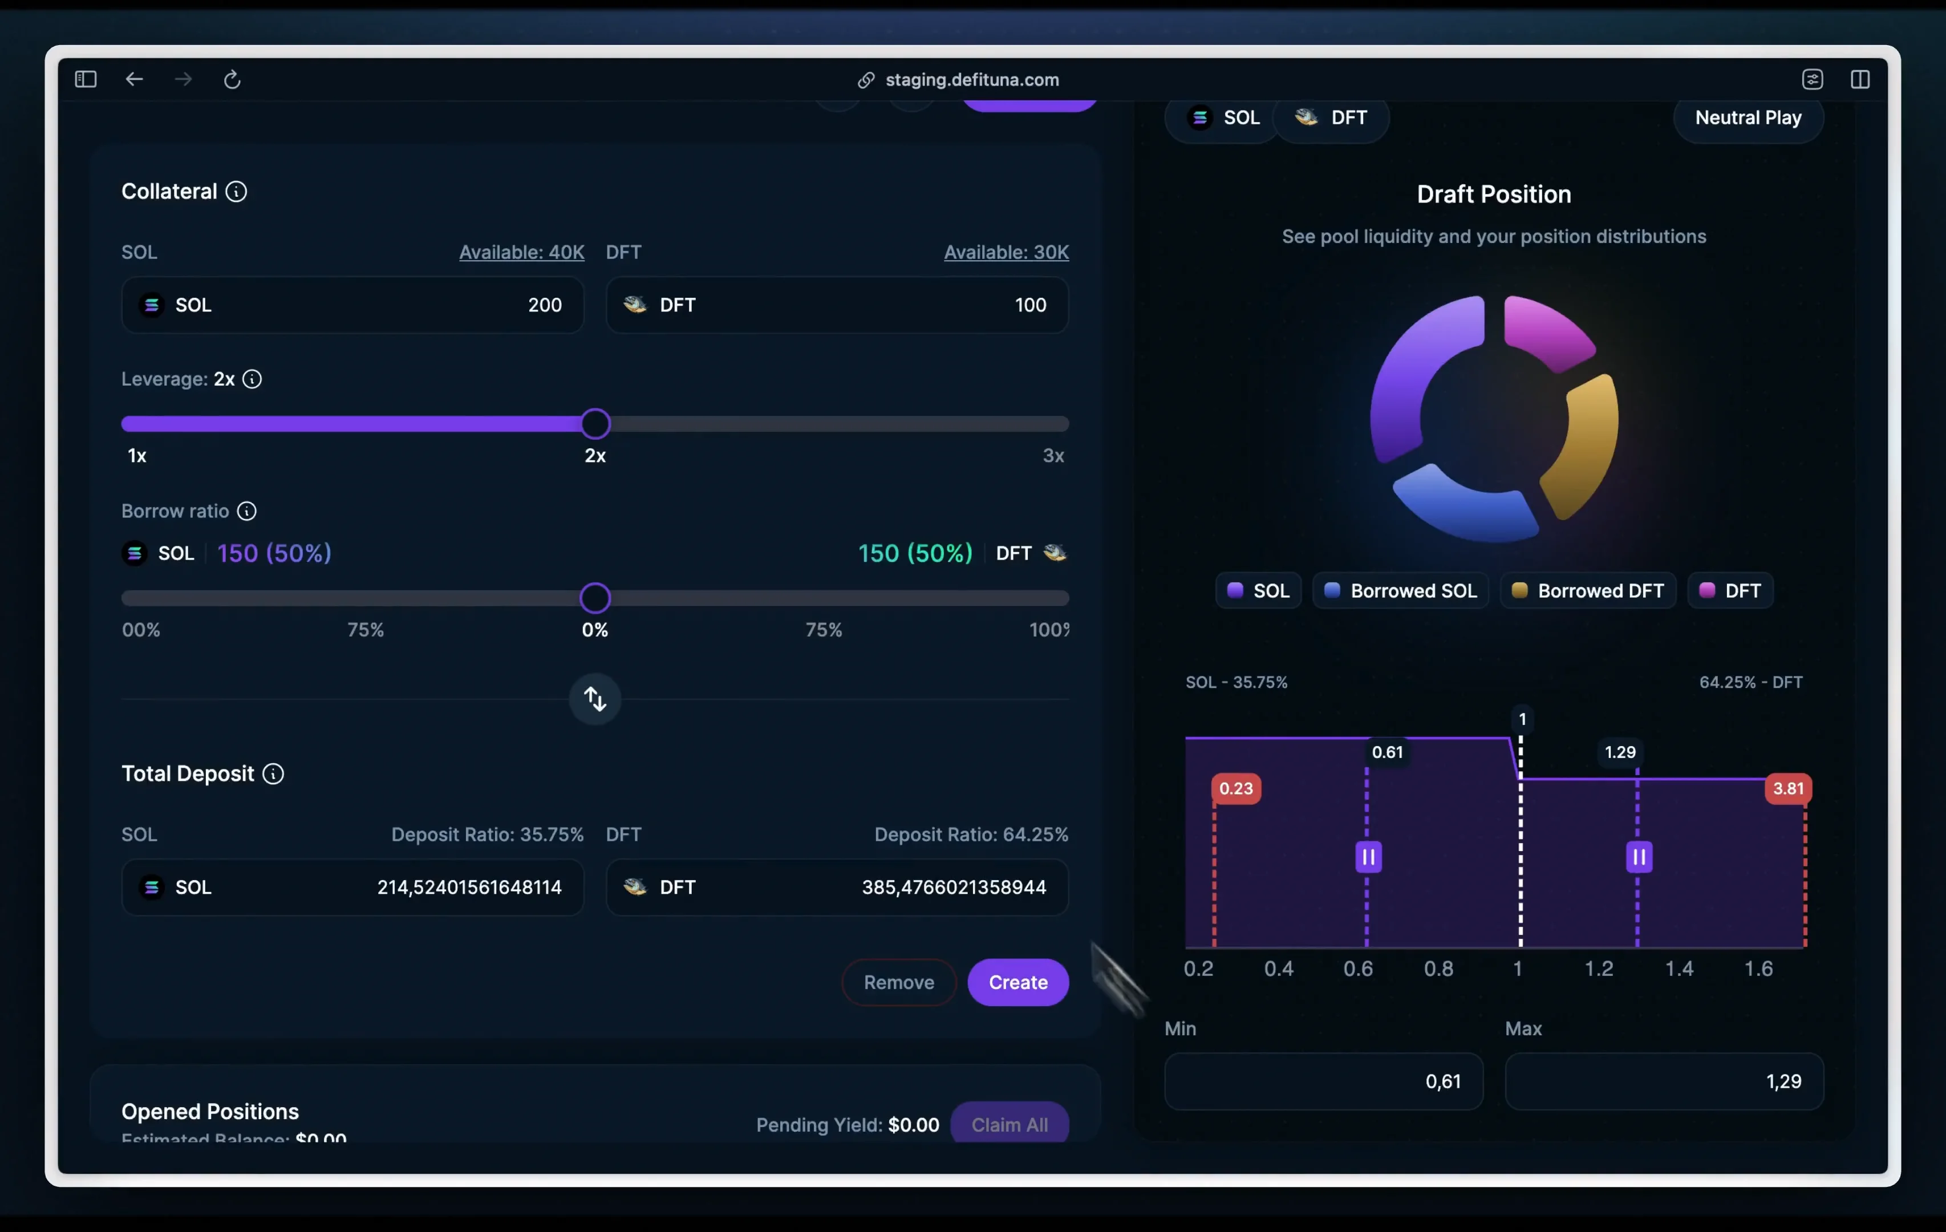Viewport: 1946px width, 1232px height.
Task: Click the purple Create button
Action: [x=1017, y=982]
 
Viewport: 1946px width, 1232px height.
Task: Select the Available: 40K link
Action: [x=521, y=252]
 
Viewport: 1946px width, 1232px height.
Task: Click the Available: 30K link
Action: [x=1006, y=252]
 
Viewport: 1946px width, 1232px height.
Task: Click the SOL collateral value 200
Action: [x=544, y=305]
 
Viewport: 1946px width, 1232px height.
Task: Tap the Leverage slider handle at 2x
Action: [x=595, y=424]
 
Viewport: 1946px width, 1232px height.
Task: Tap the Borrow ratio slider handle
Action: [x=595, y=598]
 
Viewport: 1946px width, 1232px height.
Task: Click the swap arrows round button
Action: [x=595, y=699]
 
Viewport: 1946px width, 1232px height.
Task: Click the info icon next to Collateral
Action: [x=236, y=192]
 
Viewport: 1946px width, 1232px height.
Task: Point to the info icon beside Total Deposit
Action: [x=273, y=773]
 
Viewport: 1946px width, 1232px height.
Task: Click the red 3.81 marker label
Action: [x=1787, y=788]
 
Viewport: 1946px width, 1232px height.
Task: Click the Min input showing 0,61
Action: [x=1323, y=1081]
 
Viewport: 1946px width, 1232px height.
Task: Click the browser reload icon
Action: [x=232, y=79]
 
